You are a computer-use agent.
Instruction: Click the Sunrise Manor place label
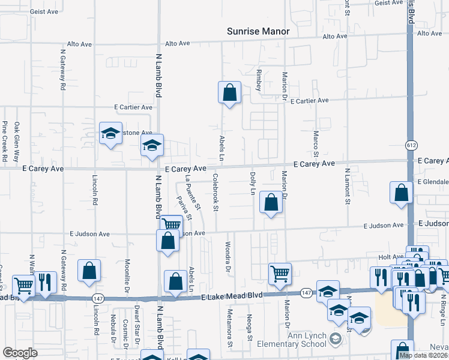[x=258, y=31]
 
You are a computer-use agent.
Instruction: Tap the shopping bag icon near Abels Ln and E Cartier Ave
[x=229, y=92]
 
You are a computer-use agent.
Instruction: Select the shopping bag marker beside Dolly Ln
[x=271, y=203]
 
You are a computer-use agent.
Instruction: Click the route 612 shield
[x=411, y=145]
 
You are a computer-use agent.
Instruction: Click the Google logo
[x=20, y=353]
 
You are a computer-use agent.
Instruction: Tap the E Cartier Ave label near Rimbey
[x=310, y=101]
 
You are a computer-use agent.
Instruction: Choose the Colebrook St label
[x=215, y=193]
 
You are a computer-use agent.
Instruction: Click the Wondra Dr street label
[x=228, y=257]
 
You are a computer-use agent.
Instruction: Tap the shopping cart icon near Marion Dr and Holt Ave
[x=280, y=274]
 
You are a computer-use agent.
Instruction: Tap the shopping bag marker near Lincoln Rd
[x=89, y=271]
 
